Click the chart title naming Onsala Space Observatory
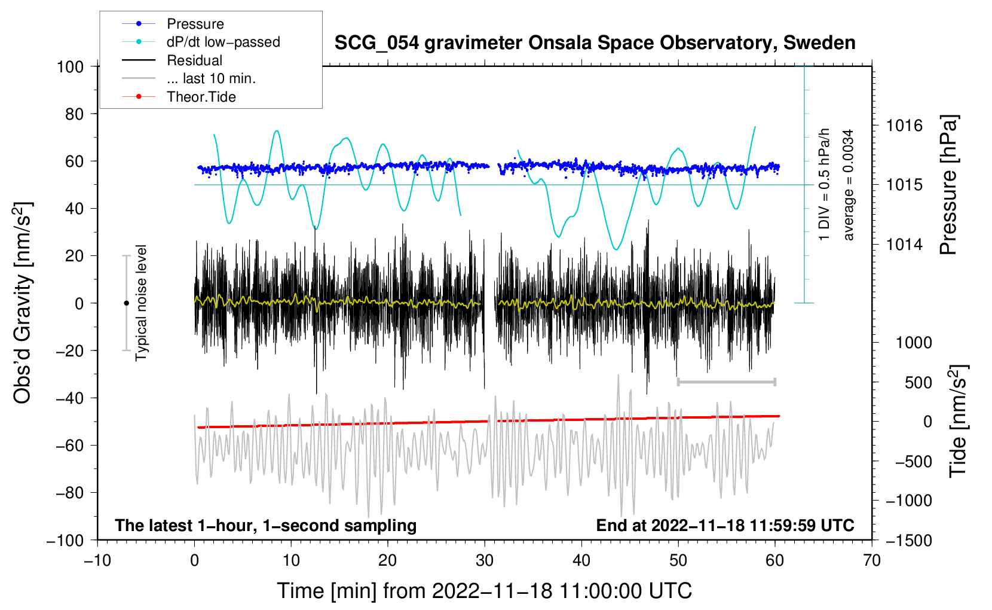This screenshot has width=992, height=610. pos(595,42)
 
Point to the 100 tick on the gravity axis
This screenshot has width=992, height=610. pos(70,67)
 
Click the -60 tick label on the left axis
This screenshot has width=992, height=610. pos(69,445)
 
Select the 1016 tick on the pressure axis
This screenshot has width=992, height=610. pos(904,126)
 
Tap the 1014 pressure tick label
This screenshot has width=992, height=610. pos(904,244)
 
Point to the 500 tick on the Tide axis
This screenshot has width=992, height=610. pos(918,382)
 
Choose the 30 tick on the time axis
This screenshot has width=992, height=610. pos(485,560)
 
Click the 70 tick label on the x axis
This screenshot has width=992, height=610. pos(871,560)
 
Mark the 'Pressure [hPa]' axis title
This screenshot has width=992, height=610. pos(948,185)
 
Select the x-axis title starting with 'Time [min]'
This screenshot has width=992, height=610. pos(485,591)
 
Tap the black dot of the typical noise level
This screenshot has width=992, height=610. pos(126,303)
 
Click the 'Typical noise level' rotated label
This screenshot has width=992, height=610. pos(140,303)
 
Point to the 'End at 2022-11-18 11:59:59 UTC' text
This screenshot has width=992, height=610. pos(725,525)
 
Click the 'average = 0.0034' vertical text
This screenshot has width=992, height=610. pos(847,185)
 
